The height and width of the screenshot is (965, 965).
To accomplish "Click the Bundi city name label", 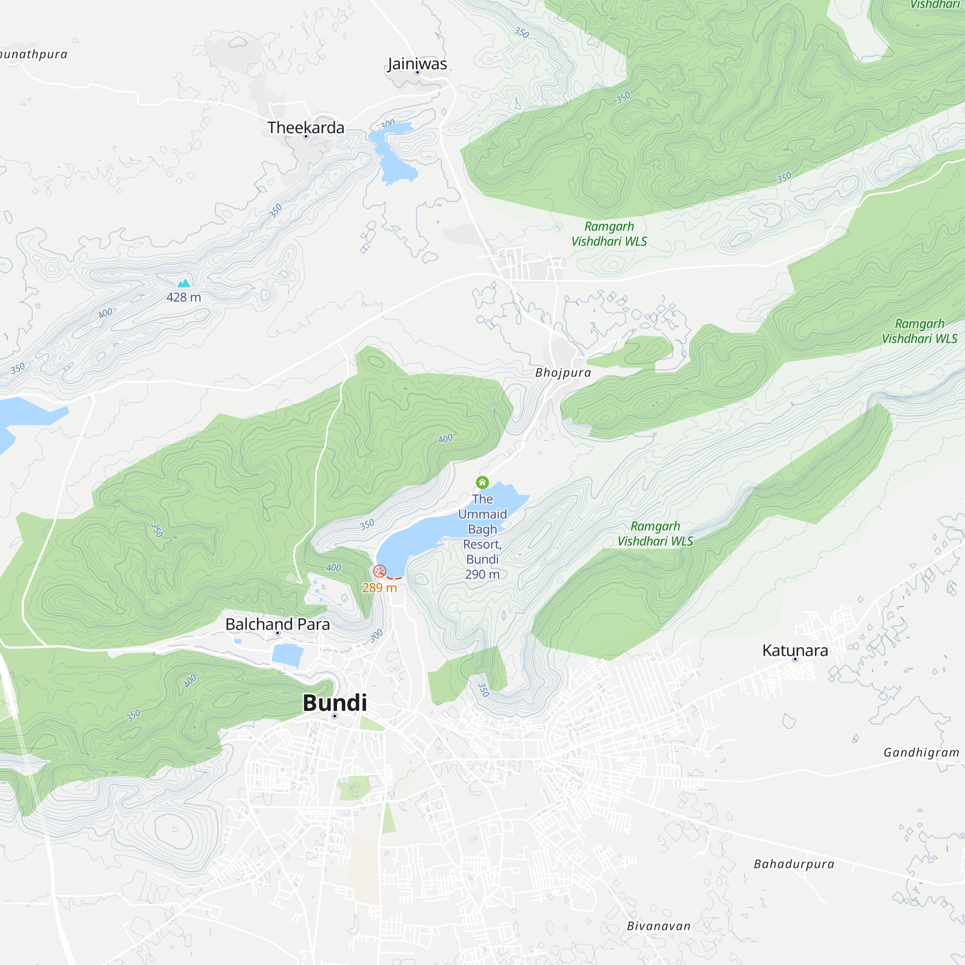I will (x=335, y=703).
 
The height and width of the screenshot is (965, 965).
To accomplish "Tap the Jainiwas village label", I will (x=417, y=64).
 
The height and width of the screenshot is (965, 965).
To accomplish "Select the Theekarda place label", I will (x=306, y=128).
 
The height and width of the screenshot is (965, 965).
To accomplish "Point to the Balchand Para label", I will (x=277, y=624).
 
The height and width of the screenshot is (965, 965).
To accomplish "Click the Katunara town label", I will (x=795, y=650).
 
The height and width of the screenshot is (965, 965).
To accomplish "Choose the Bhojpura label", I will (x=563, y=372).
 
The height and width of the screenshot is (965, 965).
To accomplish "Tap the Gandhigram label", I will (x=921, y=752).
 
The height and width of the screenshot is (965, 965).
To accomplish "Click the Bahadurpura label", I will (x=794, y=864).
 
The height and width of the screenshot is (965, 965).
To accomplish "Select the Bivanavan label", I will (x=658, y=926).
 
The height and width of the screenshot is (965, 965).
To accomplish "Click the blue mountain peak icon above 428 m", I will (x=184, y=283).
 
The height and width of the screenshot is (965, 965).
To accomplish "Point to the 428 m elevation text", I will (x=183, y=297).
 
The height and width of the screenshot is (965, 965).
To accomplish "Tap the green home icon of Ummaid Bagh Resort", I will (x=482, y=482).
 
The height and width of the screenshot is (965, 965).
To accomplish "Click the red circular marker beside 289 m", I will (x=380, y=571).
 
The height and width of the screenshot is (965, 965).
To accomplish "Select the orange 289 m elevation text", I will (x=380, y=588).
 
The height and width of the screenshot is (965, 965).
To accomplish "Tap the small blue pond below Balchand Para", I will (x=288, y=655).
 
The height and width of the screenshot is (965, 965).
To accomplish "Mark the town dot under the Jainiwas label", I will (x=417, y=73).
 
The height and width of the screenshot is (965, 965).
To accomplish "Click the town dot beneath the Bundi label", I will (x=335, y=716).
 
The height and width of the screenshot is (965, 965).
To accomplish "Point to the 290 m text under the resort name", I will (x=482, y=574).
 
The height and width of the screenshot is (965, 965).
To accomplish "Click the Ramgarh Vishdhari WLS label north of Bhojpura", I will (x=609, y=234).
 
